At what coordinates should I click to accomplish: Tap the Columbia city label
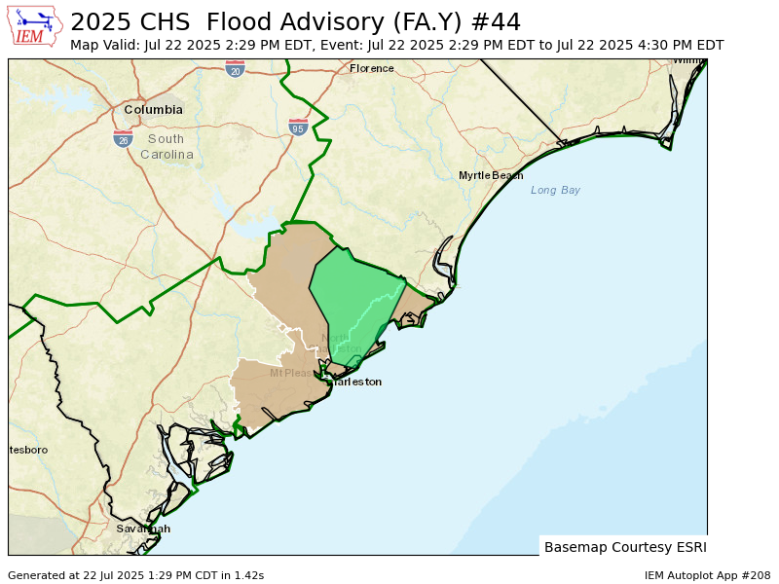tap(153, 110)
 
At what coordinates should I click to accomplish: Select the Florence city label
tap(372, 68)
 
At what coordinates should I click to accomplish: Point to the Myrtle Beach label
tap(491, 175)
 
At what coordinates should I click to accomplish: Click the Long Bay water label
tap(555, 190)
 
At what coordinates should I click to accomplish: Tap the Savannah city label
tap(143, 529)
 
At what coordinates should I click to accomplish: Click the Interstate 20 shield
tap(235, 69)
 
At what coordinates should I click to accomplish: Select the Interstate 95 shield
tap(298, 128)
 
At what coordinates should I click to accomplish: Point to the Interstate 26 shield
tap(123, 139)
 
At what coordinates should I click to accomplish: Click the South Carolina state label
tap(167, 147)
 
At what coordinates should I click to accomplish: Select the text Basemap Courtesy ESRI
tap(625, 547)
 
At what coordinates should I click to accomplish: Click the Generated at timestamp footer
tap(135, 575)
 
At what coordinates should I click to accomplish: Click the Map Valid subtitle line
tap(396, 45)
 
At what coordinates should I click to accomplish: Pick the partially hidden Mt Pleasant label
tap(291, 373)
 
